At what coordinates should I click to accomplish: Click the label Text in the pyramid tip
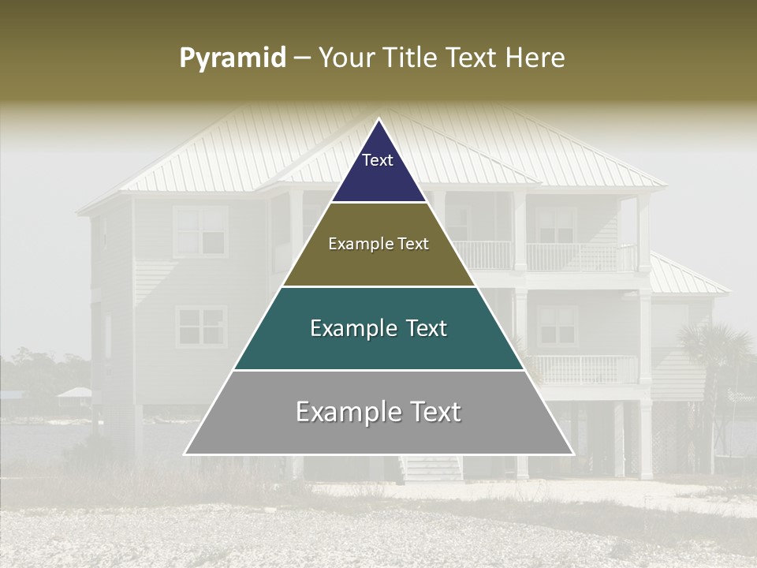point(378,160)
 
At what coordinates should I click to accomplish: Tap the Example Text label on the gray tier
point(378,412)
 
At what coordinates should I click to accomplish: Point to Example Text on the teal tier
point(378,328)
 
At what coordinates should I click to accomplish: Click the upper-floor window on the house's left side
point(200,230)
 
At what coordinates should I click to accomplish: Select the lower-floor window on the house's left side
point(200,327)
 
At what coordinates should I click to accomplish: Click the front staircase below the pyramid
point(431,469)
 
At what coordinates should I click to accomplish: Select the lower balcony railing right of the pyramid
point(584,369)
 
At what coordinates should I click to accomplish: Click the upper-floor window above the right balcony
point(556,225)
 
